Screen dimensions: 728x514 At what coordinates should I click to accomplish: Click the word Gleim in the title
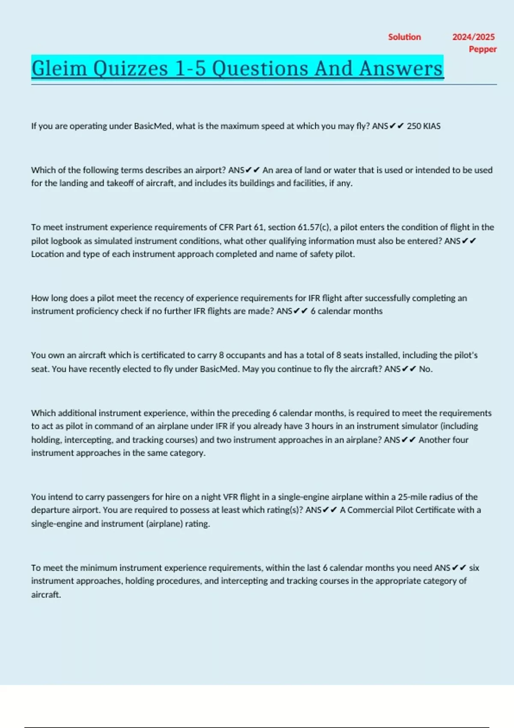tap(59, 69)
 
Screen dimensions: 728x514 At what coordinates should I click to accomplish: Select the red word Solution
tap(404, 37)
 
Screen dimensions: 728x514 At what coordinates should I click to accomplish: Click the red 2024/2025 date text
tap(473, 37)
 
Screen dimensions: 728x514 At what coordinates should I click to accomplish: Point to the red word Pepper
tap(482, 49)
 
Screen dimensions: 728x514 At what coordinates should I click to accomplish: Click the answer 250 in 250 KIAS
tap(414, 126)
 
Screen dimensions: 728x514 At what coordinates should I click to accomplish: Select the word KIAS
tap(432, 126)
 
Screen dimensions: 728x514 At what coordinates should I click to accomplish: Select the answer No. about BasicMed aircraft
tap(425, 369)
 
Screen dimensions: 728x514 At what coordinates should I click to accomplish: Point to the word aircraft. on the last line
tap(46, 595)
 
